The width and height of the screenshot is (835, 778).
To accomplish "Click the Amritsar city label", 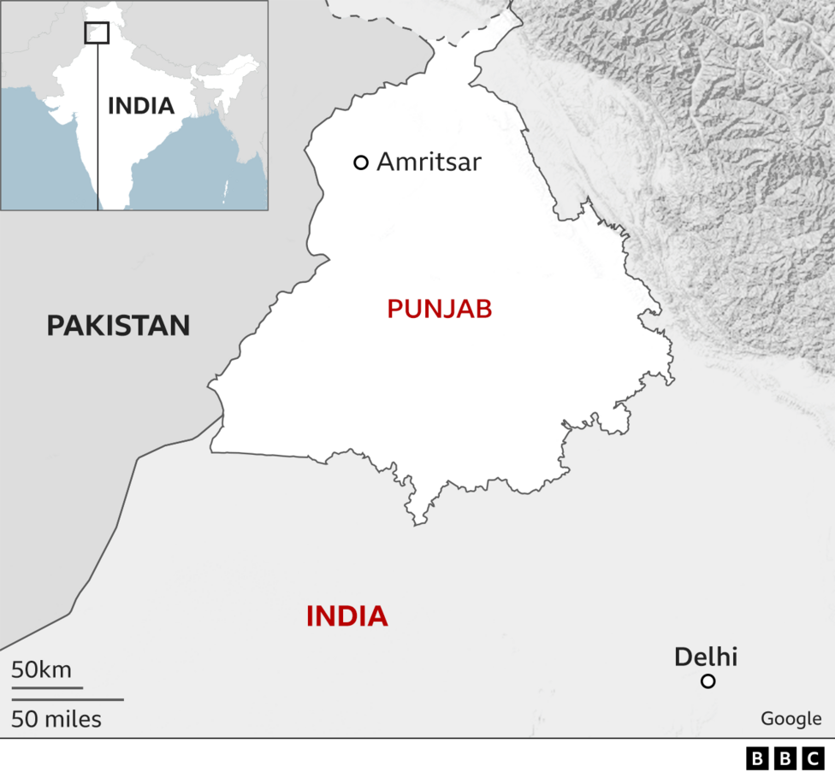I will [429, 162].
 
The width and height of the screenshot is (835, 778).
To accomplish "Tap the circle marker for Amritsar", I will [361, 162].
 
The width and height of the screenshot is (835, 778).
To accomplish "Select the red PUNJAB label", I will [439, 309].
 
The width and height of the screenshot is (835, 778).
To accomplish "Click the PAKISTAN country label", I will [118, 325].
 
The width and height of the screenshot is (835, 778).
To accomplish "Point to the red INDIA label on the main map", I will [346, 616].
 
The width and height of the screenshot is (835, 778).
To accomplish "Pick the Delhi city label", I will [705, 657].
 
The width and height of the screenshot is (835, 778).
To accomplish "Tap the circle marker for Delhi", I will [708, 681].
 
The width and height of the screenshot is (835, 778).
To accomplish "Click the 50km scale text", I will [41, 669].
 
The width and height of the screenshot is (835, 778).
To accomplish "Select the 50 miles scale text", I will [56, 720].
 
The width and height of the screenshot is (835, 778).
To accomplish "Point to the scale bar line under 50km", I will [47, 687].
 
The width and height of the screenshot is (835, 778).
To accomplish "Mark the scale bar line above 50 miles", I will [67, 700].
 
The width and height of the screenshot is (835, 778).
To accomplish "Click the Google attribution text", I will [791, 719].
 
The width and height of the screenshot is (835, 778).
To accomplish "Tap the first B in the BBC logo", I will [758, 758].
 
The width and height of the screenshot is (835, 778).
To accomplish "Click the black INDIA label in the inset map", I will [140, 106].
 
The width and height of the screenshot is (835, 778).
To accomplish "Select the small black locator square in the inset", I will [97, 32].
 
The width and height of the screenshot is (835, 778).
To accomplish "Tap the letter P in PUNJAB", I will [394, 309].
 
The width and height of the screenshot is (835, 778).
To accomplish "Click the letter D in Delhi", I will [683, 657].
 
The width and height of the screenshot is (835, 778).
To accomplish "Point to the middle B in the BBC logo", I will [785, 758].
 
